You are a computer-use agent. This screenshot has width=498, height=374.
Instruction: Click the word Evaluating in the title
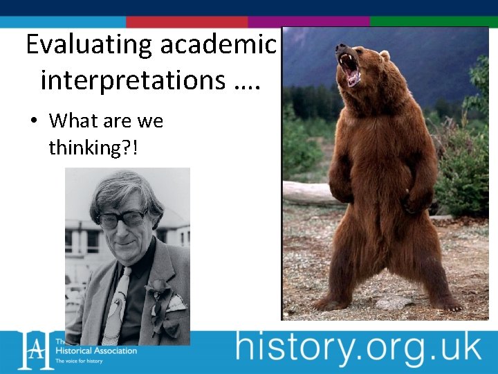(89, 45)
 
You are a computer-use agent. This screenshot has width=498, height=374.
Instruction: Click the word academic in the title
(219, 45)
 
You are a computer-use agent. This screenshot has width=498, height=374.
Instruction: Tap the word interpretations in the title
(131, 80)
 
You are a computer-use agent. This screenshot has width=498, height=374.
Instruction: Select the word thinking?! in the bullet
(93, 147)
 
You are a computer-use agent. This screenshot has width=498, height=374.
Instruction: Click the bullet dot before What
(33, 121)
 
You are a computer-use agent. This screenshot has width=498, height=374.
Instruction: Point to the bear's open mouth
(349, 69)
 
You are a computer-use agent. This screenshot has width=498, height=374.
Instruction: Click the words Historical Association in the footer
(96, 350)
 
